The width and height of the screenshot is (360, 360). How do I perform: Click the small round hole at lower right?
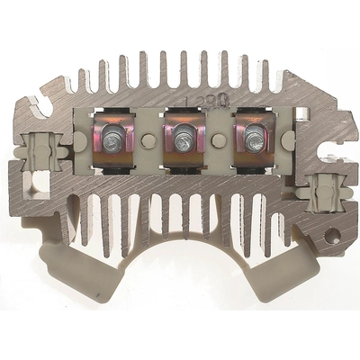coord(334,237)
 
